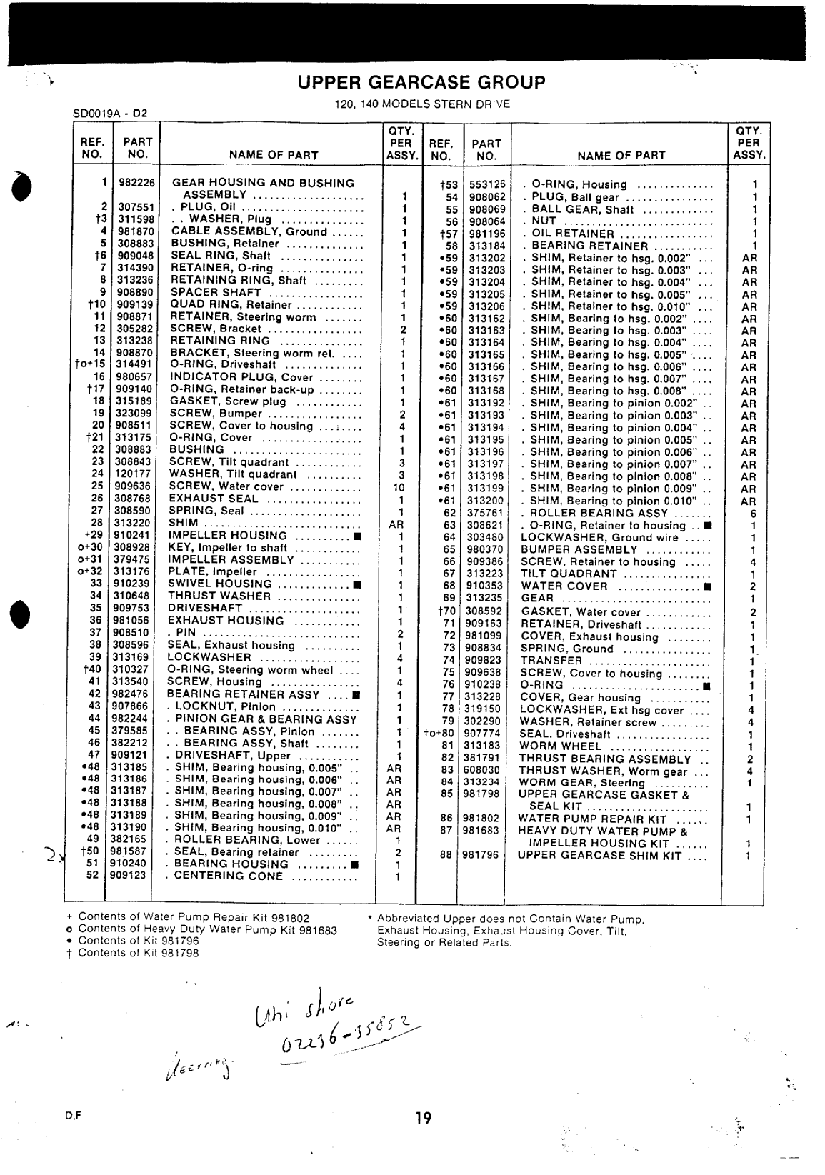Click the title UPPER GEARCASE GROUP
(x=421, y=83)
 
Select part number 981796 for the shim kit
(x=479, y=855)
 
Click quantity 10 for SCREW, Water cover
(x=401, y=487)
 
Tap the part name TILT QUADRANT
(x=569, y=574)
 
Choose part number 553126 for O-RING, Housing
(x=486, y=184)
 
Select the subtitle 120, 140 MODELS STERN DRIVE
(x=422, y=104)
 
